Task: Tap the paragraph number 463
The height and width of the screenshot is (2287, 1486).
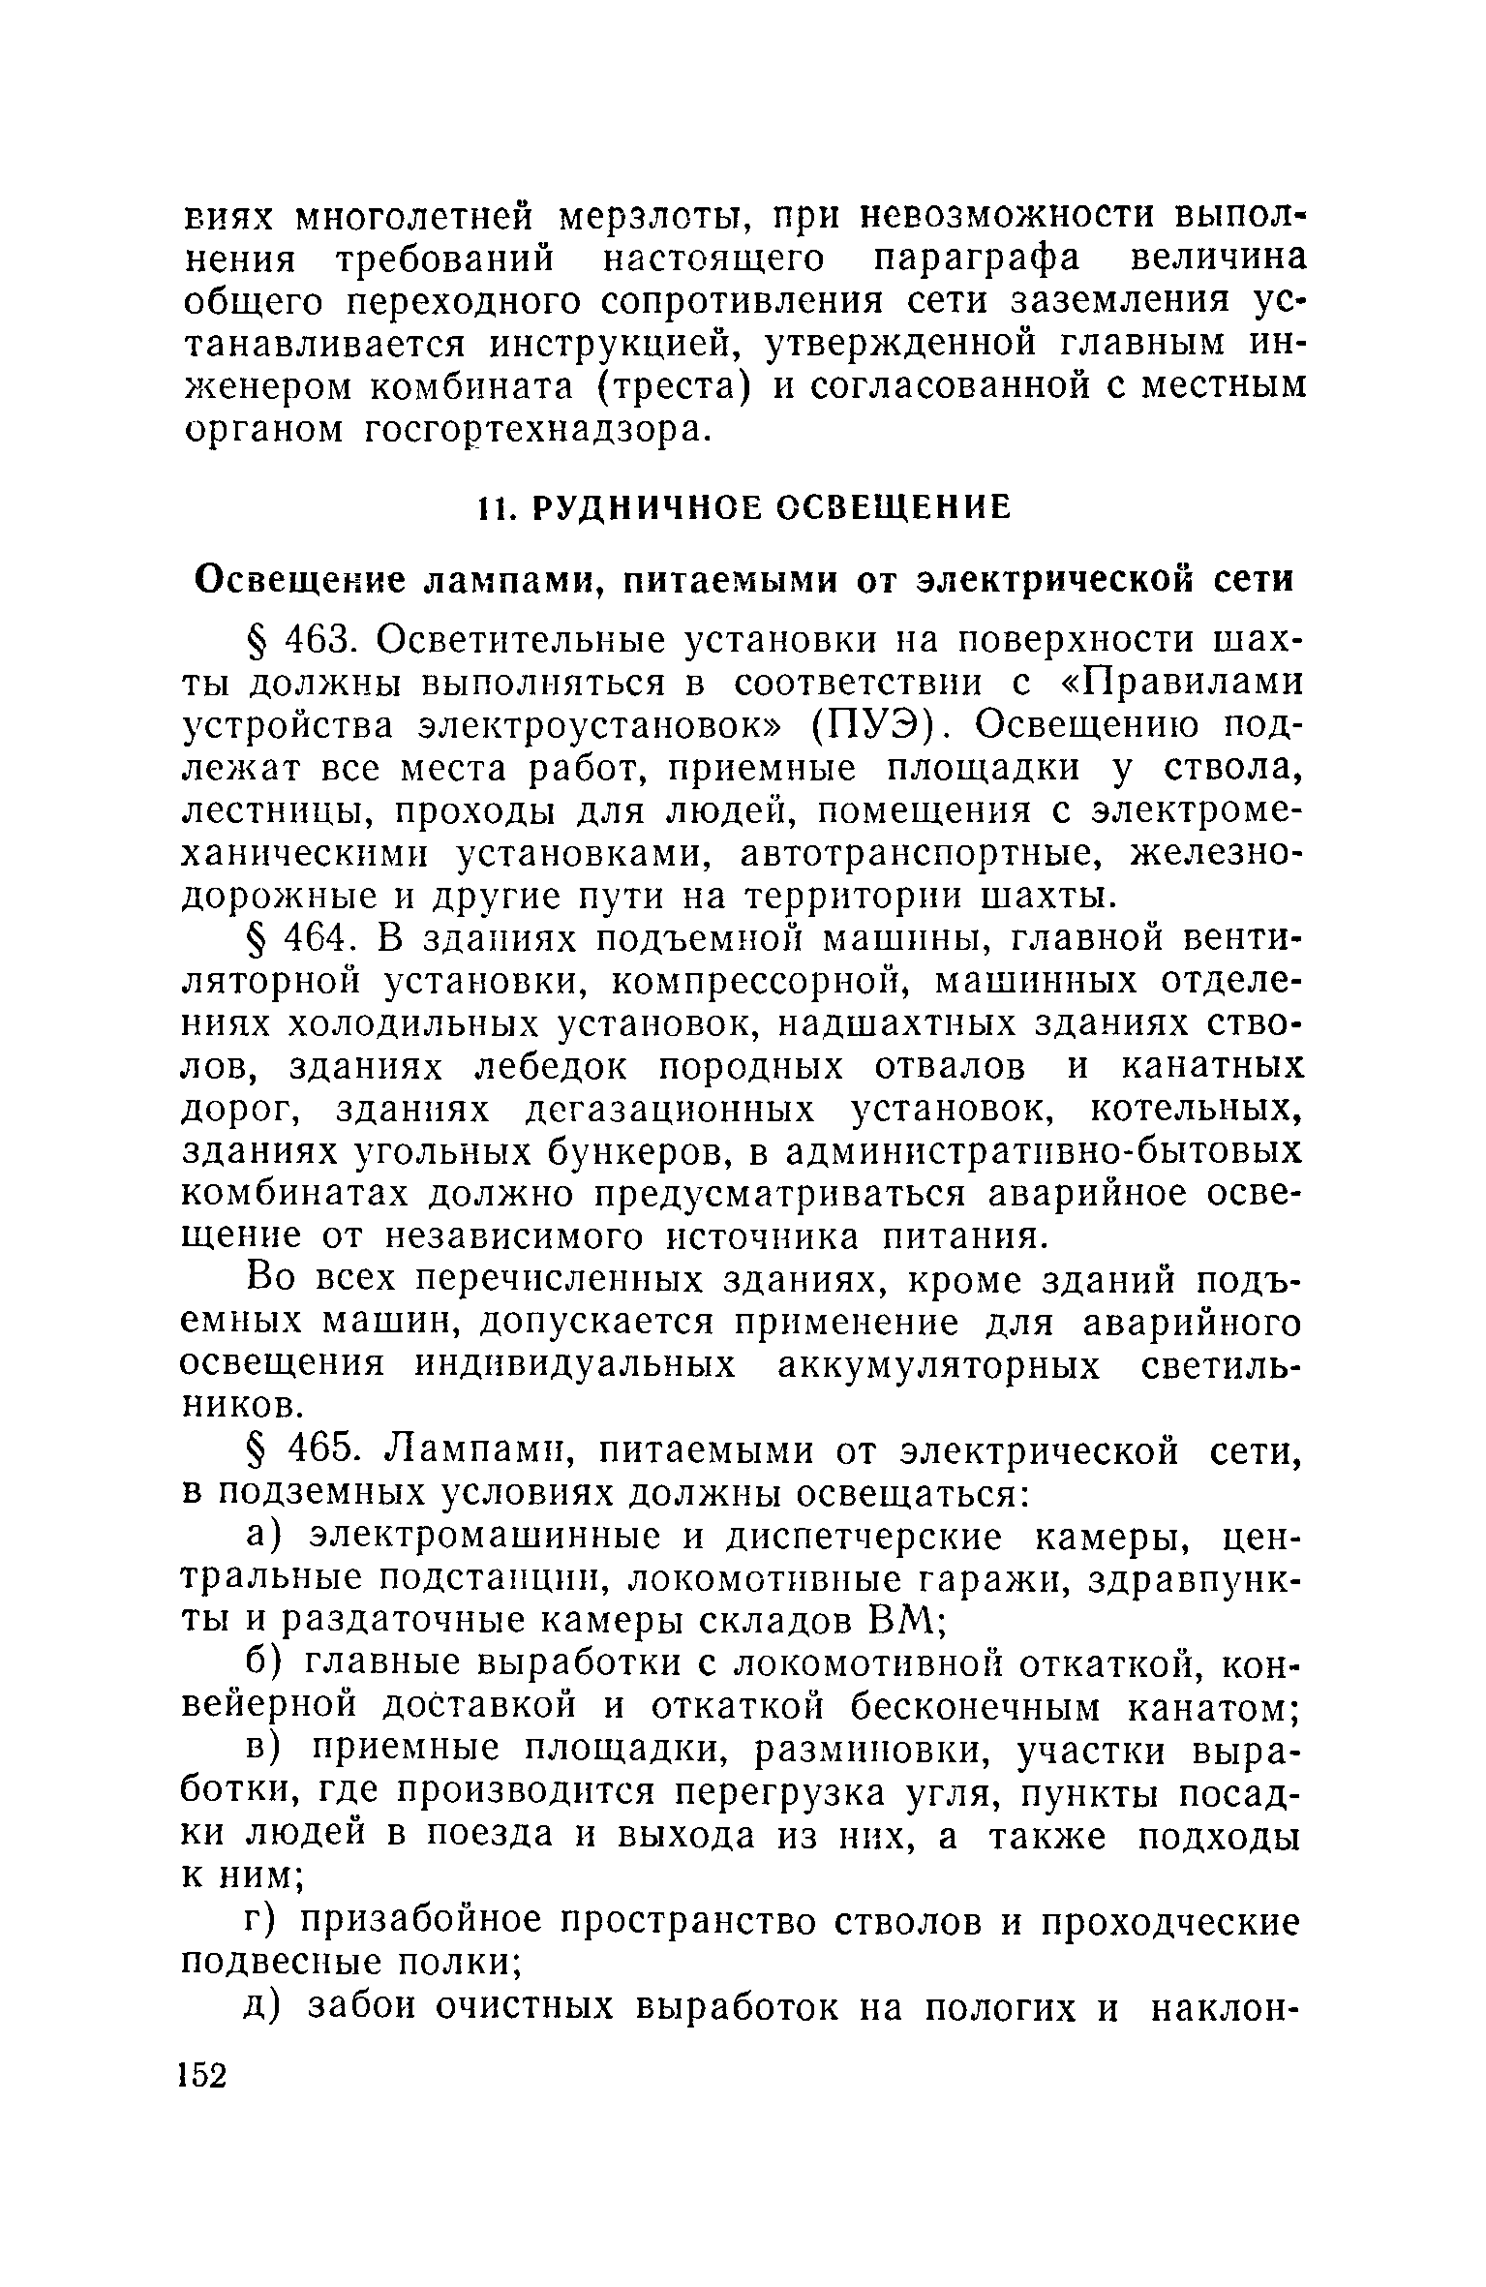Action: coord(310,641)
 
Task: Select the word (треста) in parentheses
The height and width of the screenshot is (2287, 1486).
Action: coord(677,385)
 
